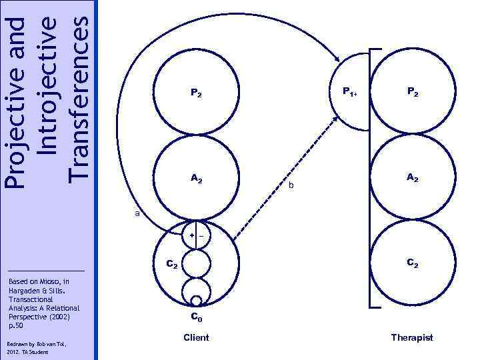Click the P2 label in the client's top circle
(196, 94)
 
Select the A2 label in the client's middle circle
(196, 178)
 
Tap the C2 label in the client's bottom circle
(171, 266)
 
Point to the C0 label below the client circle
(197, 317)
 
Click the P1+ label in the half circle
(350, 92)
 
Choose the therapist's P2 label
(411, 94)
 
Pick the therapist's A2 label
(411, 178)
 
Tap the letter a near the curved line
(137, 214)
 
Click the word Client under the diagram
(196, 337)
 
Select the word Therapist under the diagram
(412, 337)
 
